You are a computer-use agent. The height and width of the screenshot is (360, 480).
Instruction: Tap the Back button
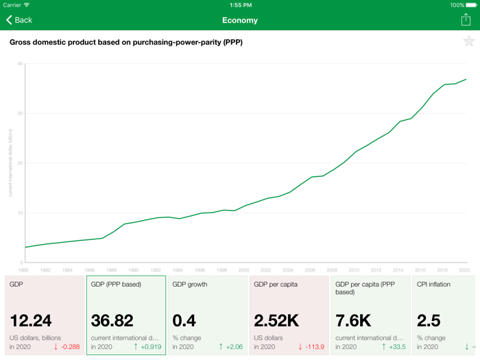(x=19, y=20)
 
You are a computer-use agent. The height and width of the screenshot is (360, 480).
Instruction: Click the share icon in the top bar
(x=466, y=20)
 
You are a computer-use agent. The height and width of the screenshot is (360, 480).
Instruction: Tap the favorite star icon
(x=469, y=42)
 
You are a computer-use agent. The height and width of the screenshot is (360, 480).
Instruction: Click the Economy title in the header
(x=240, y=20)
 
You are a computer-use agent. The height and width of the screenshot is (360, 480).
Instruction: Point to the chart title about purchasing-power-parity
(x=126, y=42)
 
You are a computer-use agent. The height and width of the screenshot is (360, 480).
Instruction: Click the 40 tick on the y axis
(x=20, y=64)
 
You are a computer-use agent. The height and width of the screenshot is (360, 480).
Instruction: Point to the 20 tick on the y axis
(x=20, y=163)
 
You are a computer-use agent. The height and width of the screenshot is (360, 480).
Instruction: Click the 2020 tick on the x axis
(x=464, y=270)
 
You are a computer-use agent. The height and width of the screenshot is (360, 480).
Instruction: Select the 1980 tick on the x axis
(x=25, y=270)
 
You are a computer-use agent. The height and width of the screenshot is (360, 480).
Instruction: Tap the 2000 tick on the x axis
(x=243, y=270)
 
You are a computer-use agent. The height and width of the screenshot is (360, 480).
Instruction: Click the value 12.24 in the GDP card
(x=31, y=320)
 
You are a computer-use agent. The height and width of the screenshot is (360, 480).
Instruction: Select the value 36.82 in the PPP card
(x=112, y=320)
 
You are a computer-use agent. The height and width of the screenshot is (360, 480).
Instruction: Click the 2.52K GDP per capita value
(x=276, y=320)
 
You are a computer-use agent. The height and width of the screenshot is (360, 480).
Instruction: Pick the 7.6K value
(x=354, y=320)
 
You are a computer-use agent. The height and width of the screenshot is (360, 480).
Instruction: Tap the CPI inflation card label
(x=433, y=284)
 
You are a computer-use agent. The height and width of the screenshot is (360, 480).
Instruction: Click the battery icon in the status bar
(x=471, y=5)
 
